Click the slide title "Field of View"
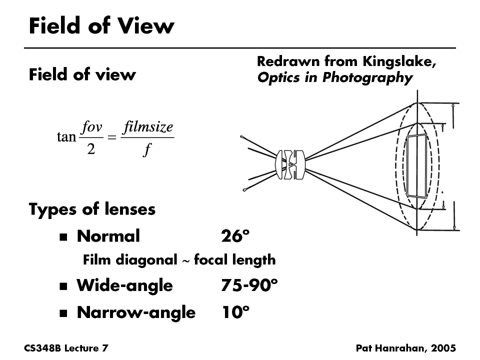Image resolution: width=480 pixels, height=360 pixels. point(101,25)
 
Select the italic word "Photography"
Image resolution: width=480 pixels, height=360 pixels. point(367,78)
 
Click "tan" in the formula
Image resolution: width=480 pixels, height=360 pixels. point(66,137)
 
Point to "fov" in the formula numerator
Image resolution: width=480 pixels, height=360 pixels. point(91,126)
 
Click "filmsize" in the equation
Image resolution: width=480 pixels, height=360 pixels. point(147,126)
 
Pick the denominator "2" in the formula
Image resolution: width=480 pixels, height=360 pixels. point(91,149)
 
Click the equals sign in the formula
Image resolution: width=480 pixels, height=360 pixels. point(111,137)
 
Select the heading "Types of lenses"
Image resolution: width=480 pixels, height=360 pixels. point(92,209)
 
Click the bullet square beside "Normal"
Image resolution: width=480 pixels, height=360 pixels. point(63,237)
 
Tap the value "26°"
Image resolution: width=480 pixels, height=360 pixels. point(235,236)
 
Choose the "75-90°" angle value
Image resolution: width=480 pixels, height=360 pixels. point(249,285)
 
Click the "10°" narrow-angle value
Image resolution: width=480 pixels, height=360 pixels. point(235,312)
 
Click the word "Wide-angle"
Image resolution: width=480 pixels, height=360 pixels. point(124,285)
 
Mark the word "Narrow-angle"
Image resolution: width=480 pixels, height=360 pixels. point(136,312)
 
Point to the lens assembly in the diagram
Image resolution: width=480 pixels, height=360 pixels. point(290,164)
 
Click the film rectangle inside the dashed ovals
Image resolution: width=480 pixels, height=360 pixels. point(417,165)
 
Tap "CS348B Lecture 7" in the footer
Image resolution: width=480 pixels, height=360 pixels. point(66,348)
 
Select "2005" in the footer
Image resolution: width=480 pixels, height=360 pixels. point(443,348)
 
